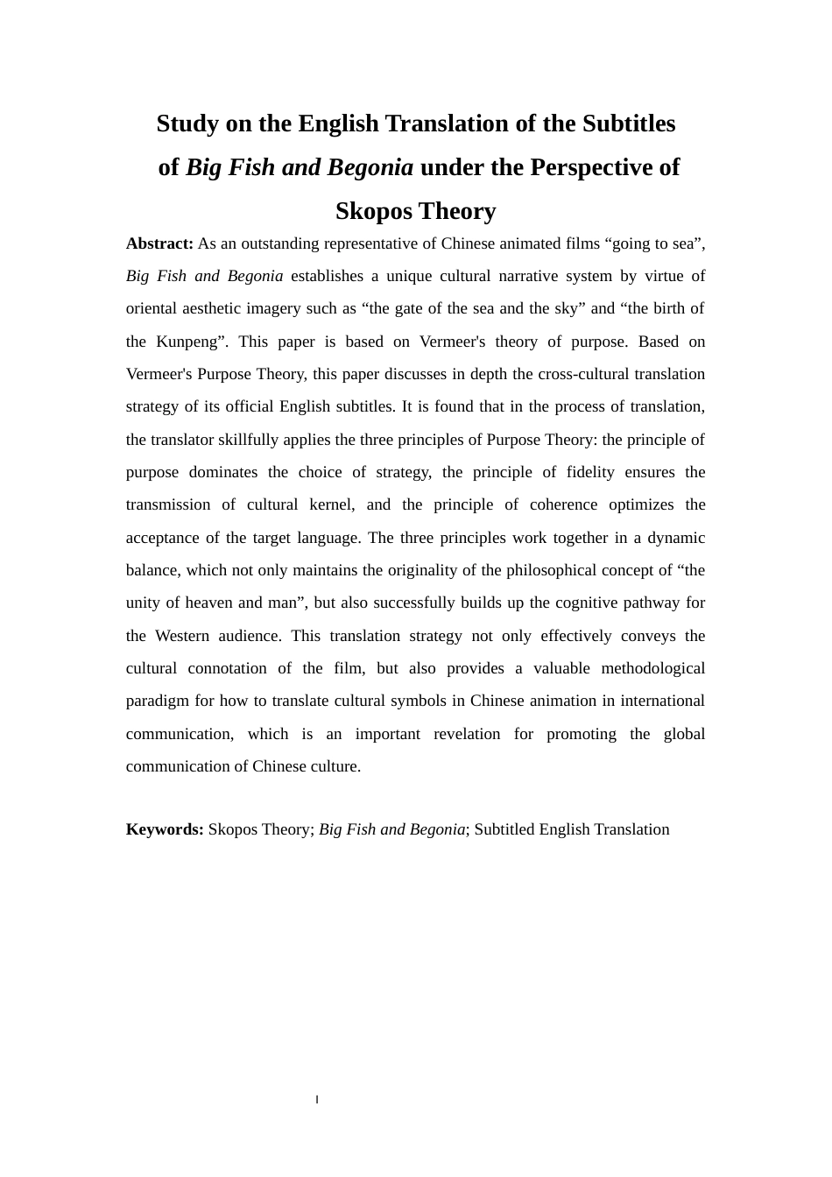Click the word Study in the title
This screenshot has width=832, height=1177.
coord(187,123)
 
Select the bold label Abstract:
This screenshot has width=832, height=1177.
coord(159,243)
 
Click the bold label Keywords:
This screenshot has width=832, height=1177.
coord(165,829)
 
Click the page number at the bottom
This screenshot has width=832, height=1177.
coord(317,1099)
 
